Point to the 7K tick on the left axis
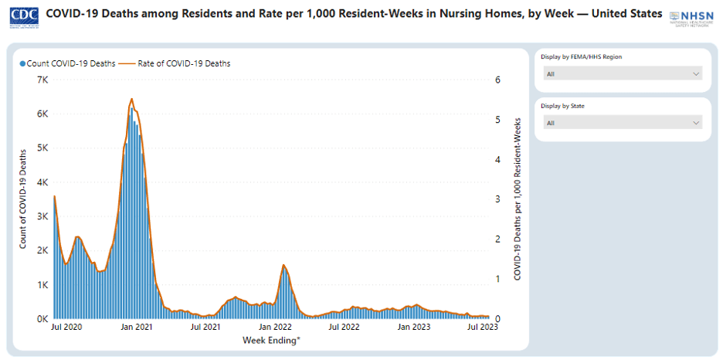click(43, 80)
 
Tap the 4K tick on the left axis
click(43, 183)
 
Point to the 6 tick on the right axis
click(499, 80)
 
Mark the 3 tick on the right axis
click(499, 199)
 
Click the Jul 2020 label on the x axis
click(68, 328)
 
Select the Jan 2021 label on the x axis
click(137, 328)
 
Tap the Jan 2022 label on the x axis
click(275, 328)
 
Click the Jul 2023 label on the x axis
click(482, 328)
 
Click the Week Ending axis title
click(271, 340)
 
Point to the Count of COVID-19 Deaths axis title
click(23, 199)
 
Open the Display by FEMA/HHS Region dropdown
click(623, 74)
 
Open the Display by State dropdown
click(623, 123)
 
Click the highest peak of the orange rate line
click(131, 99)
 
